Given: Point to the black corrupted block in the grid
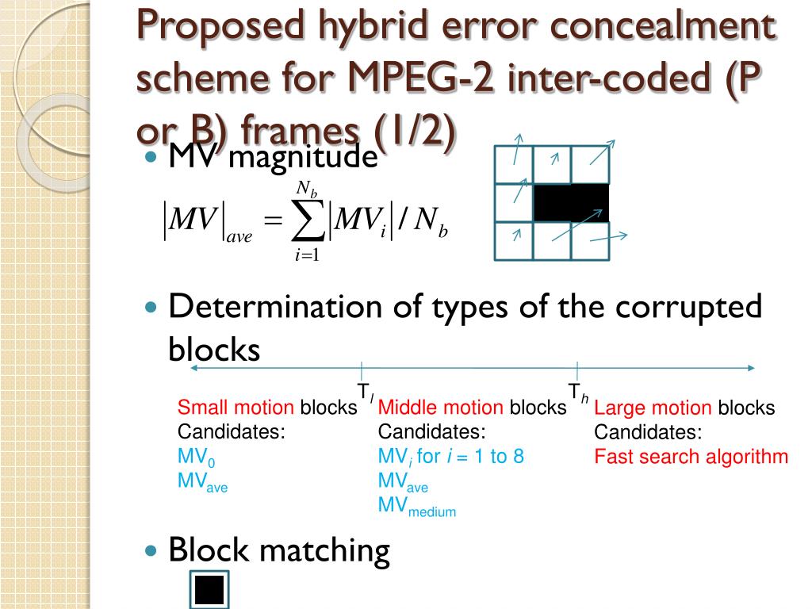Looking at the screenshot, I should (571, 203).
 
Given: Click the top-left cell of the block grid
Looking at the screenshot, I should (513, 165).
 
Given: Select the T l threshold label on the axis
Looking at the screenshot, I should (366, 392).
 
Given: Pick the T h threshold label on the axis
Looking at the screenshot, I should (578, 392).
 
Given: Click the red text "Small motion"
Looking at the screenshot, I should (236, 408).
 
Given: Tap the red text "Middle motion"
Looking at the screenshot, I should (440, 408).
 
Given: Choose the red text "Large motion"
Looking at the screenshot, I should (653, 408).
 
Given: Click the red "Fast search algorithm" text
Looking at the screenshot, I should (691, 457).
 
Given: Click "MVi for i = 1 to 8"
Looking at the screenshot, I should (450, 458).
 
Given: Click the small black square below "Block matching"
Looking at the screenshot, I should (209, 590).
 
